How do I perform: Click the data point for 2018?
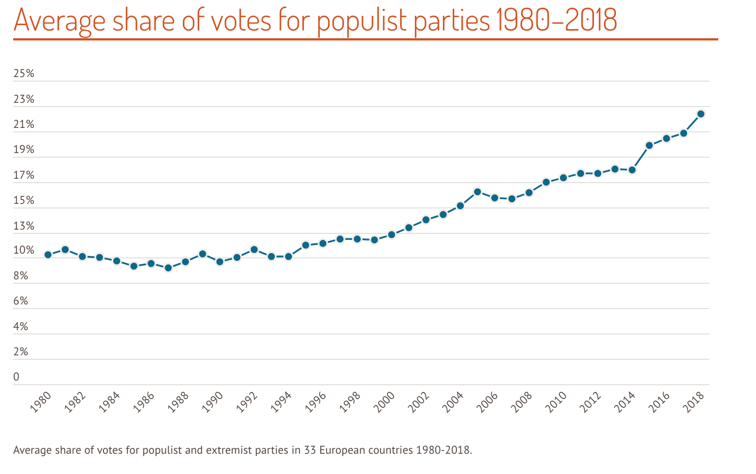(x=700, y=114)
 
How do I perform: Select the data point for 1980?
(x=48, y=255)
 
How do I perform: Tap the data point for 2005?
(x=477, y=192)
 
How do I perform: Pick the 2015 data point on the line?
(x=649, y=145)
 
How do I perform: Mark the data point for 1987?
(x=168, y=268)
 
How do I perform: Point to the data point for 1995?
(x=305, y=245)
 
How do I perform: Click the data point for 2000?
(x=391, y=235)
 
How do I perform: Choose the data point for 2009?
(x=546, y=182)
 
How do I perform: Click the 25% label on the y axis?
(x=24, y=74)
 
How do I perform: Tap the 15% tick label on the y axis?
(x=24, y=201)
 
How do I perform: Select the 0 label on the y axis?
(x=16, y=377)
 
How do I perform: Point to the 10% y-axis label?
(x=24, y=251)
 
